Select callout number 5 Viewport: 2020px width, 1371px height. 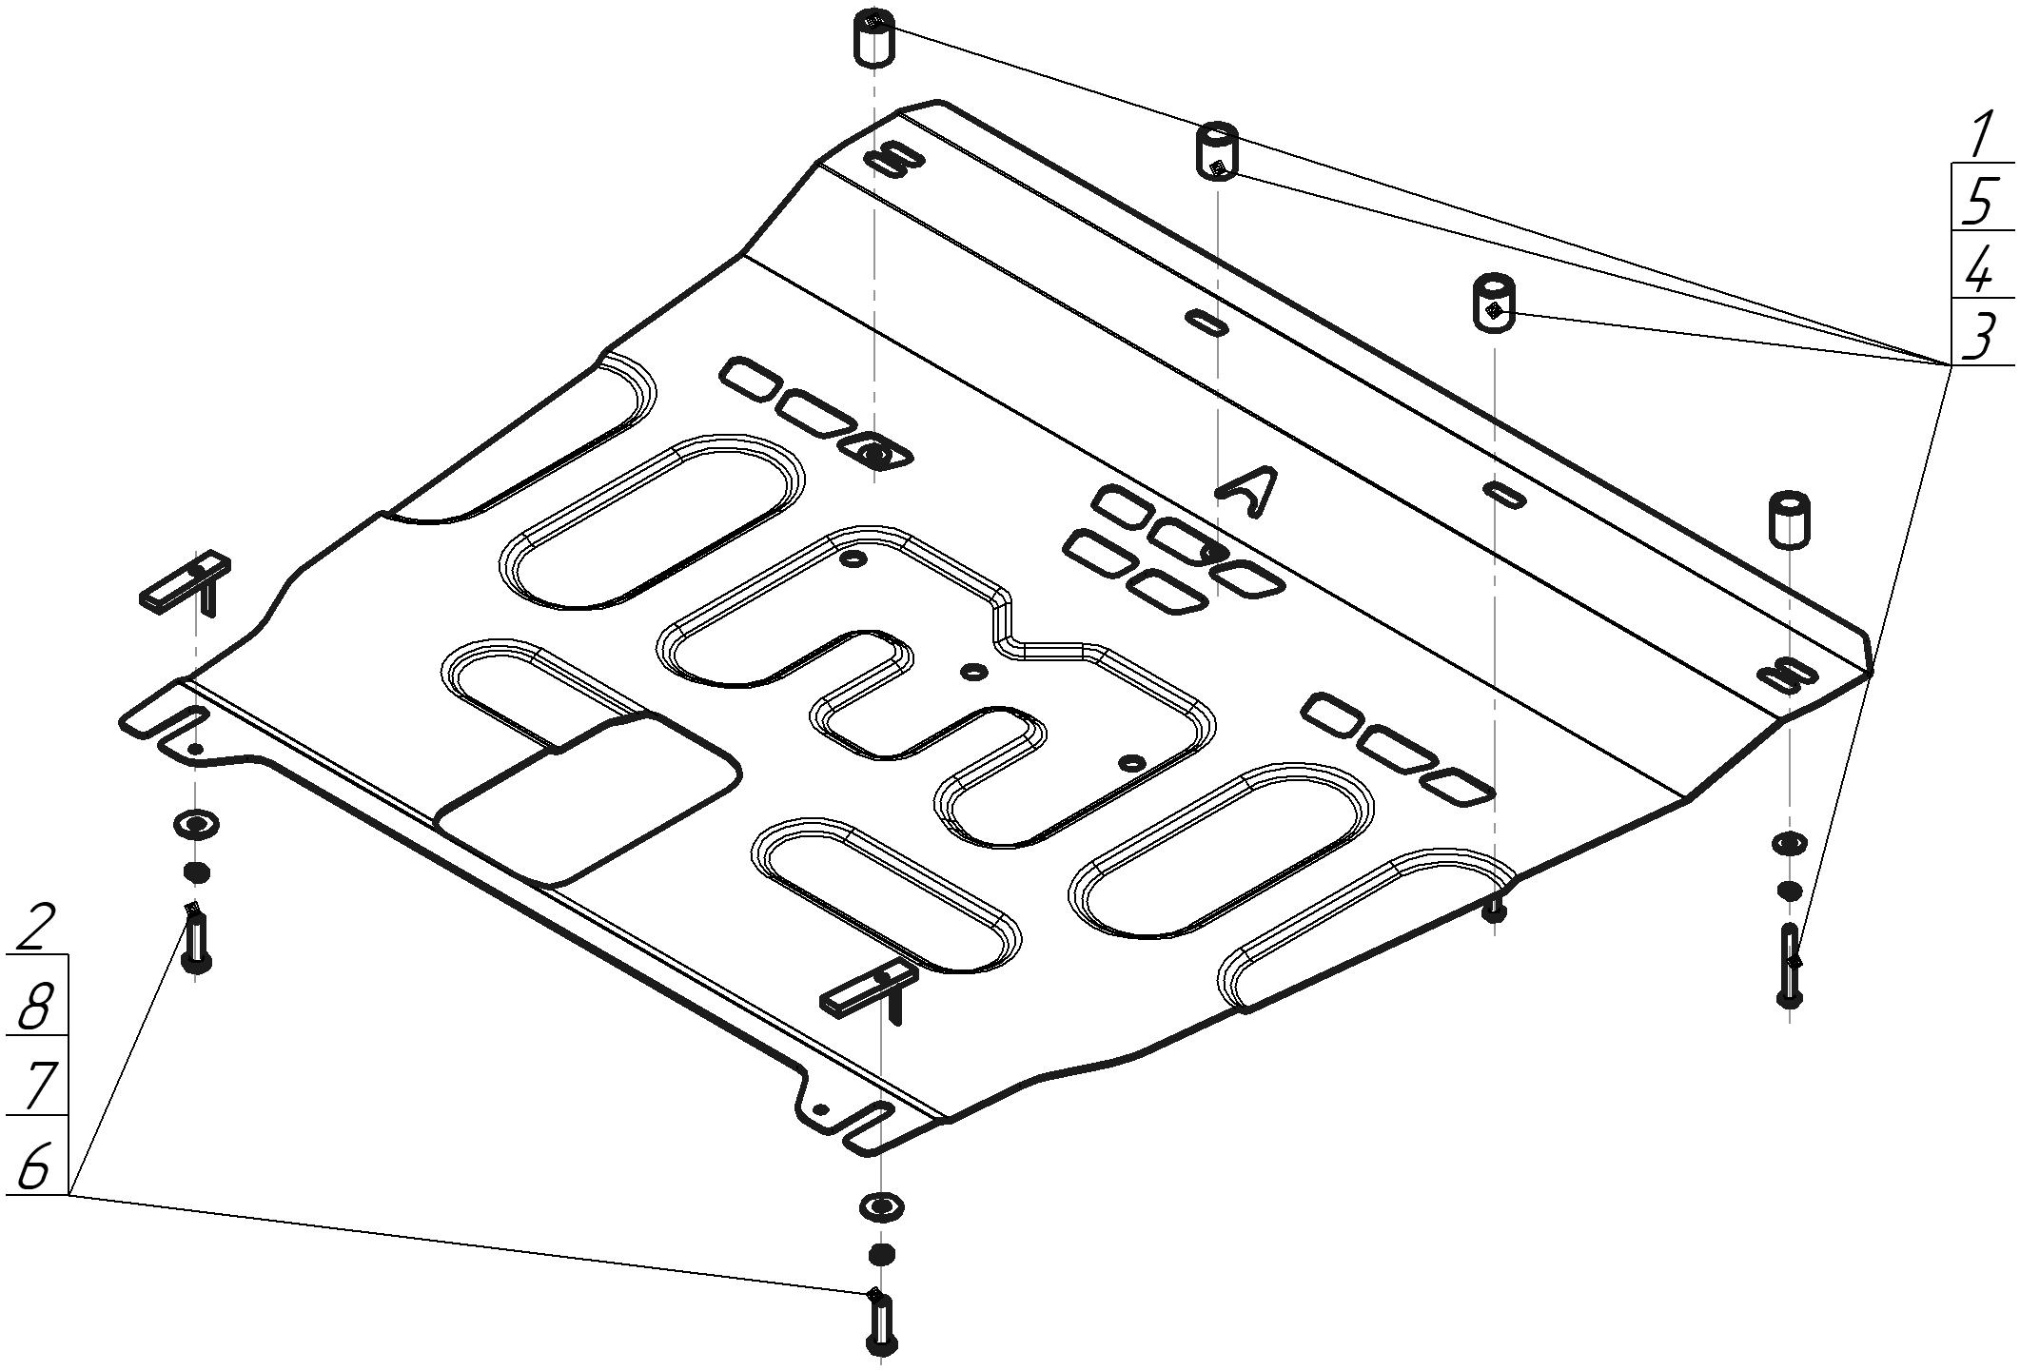coord(1981,200)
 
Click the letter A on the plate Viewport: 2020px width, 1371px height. coord(1246,491)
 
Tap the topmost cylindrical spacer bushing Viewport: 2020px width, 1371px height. coord(874,37)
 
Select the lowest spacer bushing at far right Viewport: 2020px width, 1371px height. coord(1789,519)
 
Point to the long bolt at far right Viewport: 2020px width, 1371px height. coord(1789,967)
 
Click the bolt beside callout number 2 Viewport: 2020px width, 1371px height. coord(196,937)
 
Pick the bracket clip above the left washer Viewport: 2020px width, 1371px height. coord(186,584)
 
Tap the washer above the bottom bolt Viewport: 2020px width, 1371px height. coord(881,1207)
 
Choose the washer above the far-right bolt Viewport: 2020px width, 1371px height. coord(1789,843)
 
